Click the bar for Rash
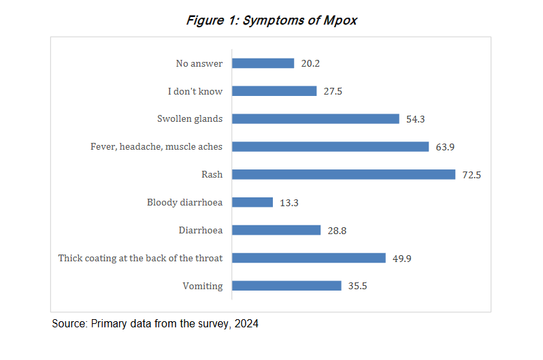[344, 174]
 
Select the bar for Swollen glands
[316, 118]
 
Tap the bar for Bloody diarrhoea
[252, 202]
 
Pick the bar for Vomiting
[286, 286]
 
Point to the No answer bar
[263, 63]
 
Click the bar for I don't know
[274, 91]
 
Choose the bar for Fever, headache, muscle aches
[331, 146]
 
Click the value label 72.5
[472, 175]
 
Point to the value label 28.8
[337, 231]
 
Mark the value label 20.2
[310, 64]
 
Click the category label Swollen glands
[190, 118]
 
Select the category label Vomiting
[203, 286]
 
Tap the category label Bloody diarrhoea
[184, 202]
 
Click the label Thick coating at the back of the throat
[141, 258]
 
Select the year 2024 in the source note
[246, 324]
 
